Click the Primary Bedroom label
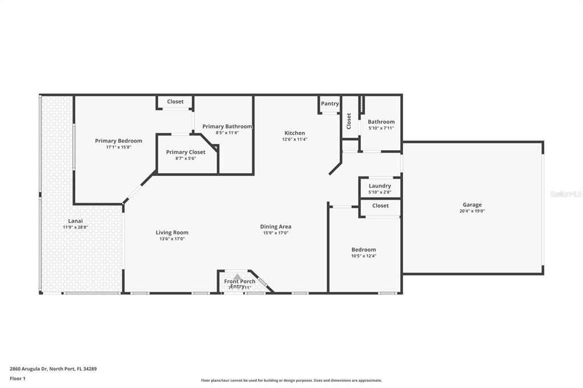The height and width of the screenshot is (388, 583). (x=118, y=141)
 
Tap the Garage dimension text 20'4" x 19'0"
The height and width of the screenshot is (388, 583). (x=472, y=211)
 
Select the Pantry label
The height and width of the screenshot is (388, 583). (x=330, y=104)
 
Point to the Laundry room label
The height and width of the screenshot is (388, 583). (x=380, y=185)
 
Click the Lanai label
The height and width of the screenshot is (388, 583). (x=75, y=221)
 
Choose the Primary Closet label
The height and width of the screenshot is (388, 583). (x=186, y=152)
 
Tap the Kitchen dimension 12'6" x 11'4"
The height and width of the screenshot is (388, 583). (x=294, y=139)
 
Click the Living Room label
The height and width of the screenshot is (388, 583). (x=172, y=232)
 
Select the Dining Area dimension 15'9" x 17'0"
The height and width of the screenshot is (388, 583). (x=276, y=233)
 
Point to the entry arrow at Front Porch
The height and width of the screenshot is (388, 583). (x=237, y=276)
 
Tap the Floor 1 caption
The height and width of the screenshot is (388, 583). (x=18, y=378)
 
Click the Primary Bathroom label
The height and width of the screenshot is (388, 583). (x=227, y=126)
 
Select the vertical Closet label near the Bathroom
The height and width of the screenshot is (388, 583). (x=349, y=121)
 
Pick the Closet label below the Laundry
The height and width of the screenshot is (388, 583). (x=380, y=205)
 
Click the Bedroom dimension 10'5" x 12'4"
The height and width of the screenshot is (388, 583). (x=363, y=256)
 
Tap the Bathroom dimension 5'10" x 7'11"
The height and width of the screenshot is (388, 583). (x=381, y=128)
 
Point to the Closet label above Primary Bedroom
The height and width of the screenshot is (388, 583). (x=175, y=101)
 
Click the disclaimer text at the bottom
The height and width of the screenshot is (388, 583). (x=291, y=381)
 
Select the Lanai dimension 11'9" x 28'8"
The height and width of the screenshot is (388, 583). (x=75, y=227)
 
